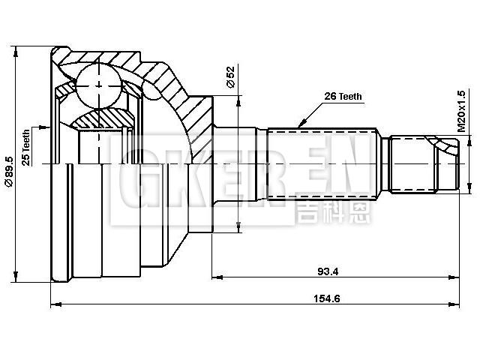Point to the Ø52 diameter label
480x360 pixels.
click(x=230, y=77)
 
